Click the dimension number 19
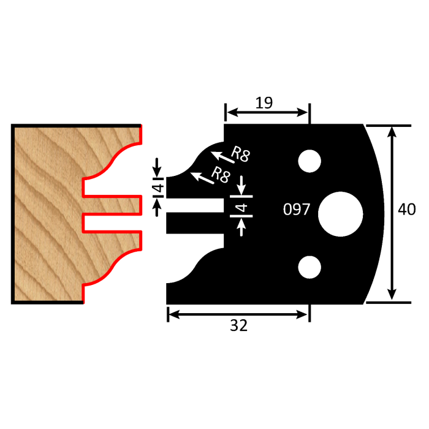(264, 102)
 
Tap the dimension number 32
(239, 326)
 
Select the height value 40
(406, 210)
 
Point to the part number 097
(297, 210)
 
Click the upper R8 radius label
(240, 154)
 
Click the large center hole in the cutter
(340, 213)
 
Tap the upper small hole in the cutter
(309, 161)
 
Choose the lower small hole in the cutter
(309, 267)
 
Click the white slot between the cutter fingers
(195, 205)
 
